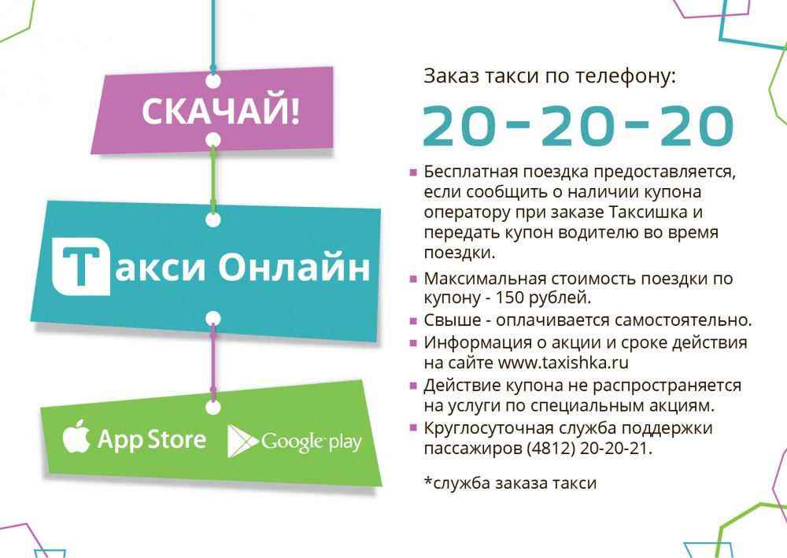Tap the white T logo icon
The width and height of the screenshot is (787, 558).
coord(81,266)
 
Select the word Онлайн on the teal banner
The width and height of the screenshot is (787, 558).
coord(294,267)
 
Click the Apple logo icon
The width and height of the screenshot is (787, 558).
coord(76,436)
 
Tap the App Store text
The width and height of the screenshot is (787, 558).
coord(152,440)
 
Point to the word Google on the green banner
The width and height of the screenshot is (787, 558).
coord(292,442)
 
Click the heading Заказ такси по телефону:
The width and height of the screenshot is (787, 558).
coord(550,77)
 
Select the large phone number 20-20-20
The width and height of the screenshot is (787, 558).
coord(578,125)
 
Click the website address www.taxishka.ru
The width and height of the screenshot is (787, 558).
coord(563,362)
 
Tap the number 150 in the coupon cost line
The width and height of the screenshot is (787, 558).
coord(509,297)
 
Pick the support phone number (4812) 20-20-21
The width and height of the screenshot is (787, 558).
coord(589,448)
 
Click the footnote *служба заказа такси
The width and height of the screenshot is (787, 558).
coord(511,482)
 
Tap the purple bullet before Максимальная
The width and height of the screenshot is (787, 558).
coord(414,279)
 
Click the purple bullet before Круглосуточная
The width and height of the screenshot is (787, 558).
coord(414,428)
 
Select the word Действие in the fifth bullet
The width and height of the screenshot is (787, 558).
coord(461,386)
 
